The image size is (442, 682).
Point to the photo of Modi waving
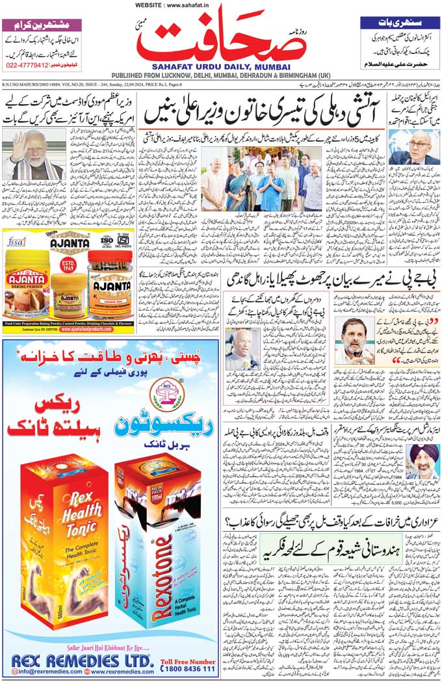(x=33, y=154)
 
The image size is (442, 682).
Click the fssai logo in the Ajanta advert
(x=17, y=242)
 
